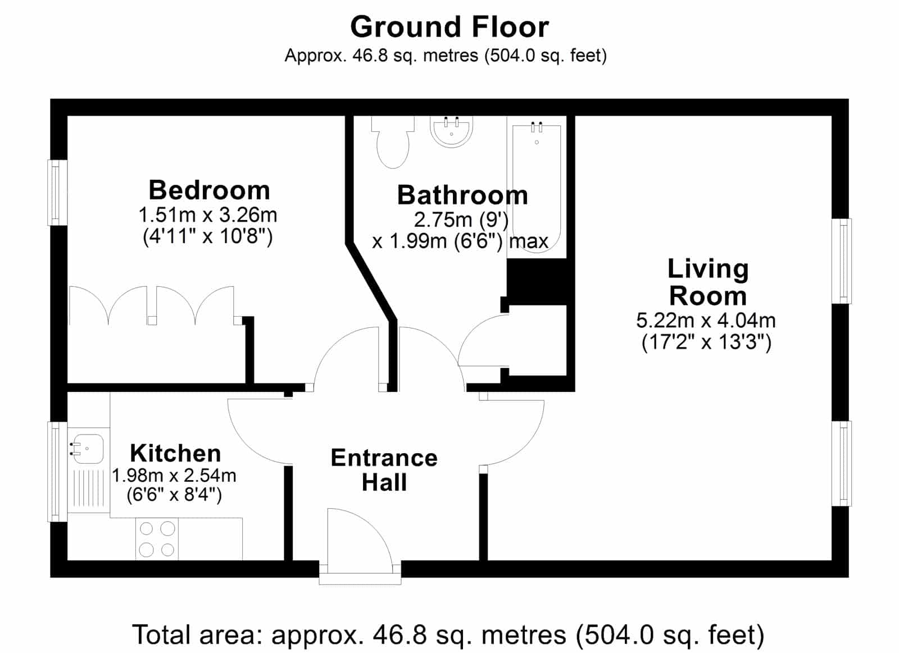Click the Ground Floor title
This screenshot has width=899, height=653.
(x=449, y=28)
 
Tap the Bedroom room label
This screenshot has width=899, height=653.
(x=209, y=190)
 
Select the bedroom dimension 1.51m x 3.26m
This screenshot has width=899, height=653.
(x=208, y=216)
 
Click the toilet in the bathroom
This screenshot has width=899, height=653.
(x=393, y=142)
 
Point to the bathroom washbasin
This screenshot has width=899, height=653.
(x=452, y=131)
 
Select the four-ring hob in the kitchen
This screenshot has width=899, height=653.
(x=157, y=538)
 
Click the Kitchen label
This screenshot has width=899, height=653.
(x=175, y=454)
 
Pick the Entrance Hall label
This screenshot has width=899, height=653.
(x=384, y=470)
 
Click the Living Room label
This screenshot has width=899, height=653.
(x=708, y=283)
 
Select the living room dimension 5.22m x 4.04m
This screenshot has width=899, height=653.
(x=706, y=321)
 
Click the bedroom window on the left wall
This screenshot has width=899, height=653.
(x=57, y=193)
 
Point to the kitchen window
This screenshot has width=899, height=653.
(x=57, y=471)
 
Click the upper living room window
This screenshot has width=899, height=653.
(x=841, y=261)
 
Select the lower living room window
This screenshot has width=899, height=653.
(x=841, y=463)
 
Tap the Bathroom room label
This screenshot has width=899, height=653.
(x=462, y=195)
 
